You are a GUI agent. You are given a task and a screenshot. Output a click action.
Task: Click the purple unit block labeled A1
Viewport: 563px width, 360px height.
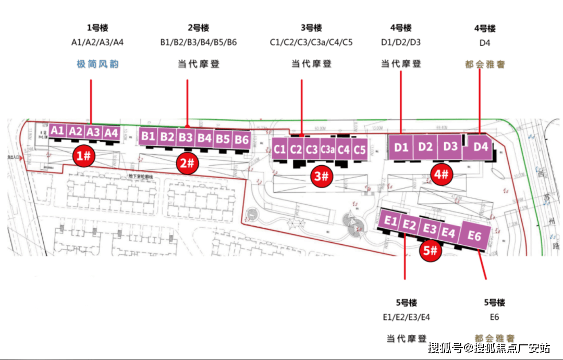tap(58, 130)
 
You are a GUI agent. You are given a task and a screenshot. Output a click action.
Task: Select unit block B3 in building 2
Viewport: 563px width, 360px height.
tap(186, 138)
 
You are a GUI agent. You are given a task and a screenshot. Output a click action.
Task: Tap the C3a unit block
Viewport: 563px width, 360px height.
tap(327, 150)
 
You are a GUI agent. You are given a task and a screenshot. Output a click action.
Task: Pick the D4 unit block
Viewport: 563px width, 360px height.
tap(481, 147)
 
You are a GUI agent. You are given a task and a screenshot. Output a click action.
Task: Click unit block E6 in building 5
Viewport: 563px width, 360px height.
tap(474, 237)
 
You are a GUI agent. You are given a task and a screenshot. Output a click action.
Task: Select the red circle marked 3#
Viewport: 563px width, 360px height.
tap(322, 176)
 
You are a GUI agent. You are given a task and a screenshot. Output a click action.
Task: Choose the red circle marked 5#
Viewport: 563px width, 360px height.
tap(431, 251)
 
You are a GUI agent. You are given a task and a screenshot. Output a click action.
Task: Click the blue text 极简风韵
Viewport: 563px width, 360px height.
tap(97, 64)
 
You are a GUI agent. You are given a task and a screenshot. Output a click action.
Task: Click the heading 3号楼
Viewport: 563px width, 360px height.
tap(311, 28)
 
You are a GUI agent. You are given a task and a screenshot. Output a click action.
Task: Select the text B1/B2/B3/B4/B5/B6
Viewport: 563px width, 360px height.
tap(198, 42)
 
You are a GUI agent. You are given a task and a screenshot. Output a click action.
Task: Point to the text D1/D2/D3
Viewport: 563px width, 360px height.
tap(401, 42)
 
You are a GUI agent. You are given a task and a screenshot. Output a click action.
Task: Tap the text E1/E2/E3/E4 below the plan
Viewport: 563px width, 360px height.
tap(407, 317)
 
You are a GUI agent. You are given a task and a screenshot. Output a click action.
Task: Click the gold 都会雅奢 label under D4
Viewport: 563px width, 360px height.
tap(485, 65)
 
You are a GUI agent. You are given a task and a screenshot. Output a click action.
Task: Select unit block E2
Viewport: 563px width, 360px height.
tap(409, 226)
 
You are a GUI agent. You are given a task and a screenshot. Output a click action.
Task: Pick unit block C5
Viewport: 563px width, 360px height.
tap(360, 150)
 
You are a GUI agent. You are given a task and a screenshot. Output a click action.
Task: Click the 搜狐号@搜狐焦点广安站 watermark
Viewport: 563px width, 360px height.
tap(489, 347)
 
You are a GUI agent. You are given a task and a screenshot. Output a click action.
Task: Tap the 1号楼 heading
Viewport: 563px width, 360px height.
tap(97, 28)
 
